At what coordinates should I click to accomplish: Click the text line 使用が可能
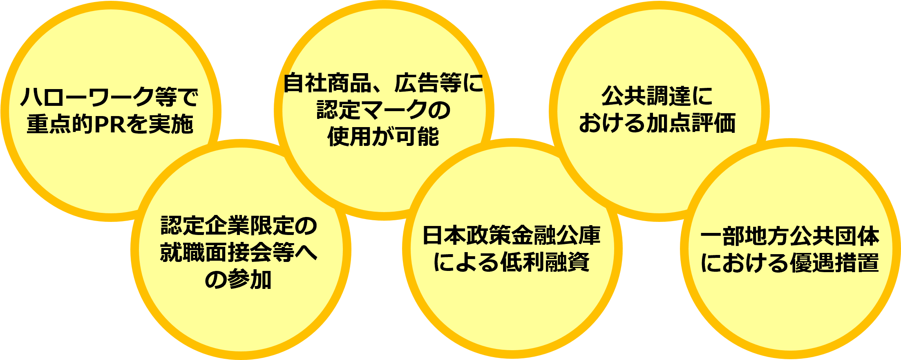tap(384, 136)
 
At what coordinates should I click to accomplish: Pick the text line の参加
tap(239, 280)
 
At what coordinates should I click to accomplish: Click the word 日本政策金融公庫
tap(512, 235)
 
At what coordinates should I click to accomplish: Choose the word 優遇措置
tap(835, 263)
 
